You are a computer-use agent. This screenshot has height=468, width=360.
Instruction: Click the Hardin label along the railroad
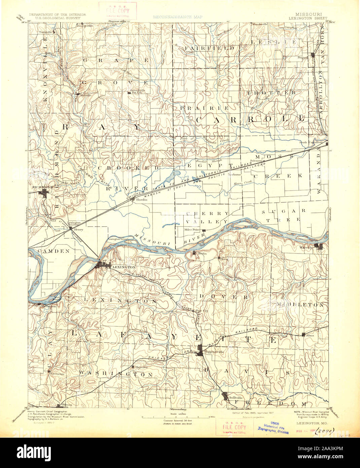point(132,200)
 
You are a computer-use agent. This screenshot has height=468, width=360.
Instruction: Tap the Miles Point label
point(192,230)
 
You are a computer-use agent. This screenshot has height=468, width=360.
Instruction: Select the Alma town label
point(311,335)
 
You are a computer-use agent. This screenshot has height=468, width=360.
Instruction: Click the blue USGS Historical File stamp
point(273,427)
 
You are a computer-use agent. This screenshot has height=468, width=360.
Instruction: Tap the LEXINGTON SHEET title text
point(307,19)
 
